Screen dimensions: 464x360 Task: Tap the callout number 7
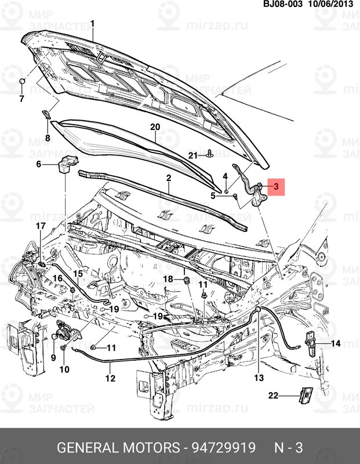click(x=22, y=98)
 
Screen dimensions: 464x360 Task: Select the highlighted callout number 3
click(x=276, y=187)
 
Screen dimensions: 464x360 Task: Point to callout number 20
click(x=155, y=126)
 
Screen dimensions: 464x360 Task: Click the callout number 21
click(x=192, y=155)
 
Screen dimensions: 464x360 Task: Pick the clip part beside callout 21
click(x=209, y=154)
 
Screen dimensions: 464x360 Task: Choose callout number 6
click(x=39, y=164)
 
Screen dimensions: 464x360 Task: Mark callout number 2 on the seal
click(x=168, y=177)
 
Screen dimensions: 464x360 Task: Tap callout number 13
click(x=259, y=378)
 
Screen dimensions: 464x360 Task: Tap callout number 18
click(x=168, y=280)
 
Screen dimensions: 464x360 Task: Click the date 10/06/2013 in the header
click(x=332, y=4)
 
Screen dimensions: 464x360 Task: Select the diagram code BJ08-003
click(x=283, y=4)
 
